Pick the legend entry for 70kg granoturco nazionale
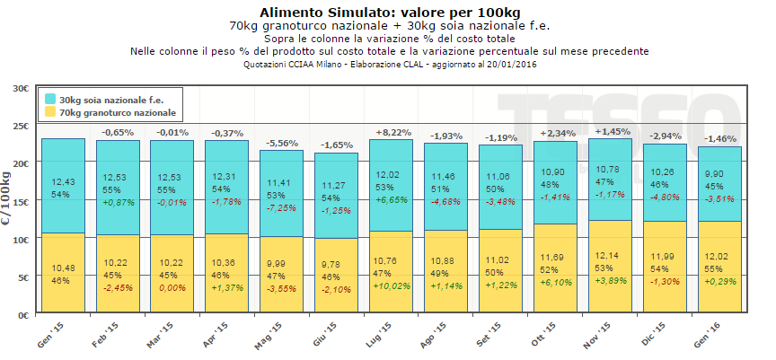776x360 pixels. (x=117, y=113)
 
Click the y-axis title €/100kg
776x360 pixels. (x=10, y=203)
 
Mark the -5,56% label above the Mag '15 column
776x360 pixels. (x=282, y=142)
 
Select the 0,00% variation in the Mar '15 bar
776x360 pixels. (x=172, y=286)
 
